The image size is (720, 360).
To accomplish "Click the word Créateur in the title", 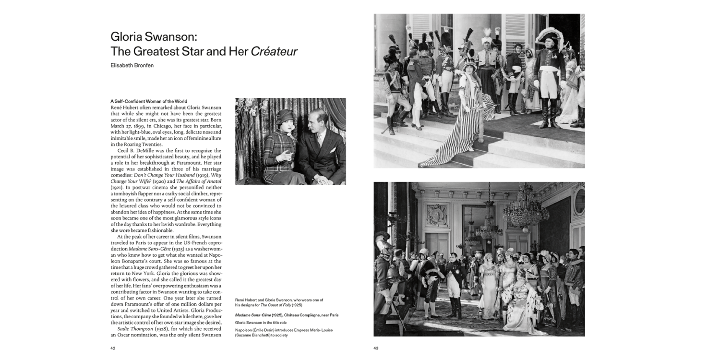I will click(x=274, y=51).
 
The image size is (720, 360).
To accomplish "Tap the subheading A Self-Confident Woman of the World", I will click(x=149, y=101).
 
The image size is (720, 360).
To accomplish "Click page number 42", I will click(x=113, y=348).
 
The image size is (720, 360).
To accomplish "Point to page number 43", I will click(x=376, y=348).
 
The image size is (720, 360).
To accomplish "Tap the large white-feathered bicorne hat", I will click(x=550, y=35).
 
